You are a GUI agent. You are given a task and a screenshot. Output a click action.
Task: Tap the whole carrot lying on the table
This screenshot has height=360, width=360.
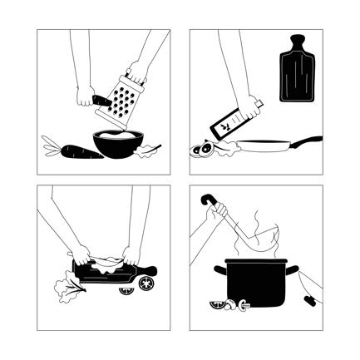72,151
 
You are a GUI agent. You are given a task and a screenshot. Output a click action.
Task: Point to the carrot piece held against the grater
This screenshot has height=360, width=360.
102,100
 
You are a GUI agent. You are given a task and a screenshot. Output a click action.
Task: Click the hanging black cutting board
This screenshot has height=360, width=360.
295,73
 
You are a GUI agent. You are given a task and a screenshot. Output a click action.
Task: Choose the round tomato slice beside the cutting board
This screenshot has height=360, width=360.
146,284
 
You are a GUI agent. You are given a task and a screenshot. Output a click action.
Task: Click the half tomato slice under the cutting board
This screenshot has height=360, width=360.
126,291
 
